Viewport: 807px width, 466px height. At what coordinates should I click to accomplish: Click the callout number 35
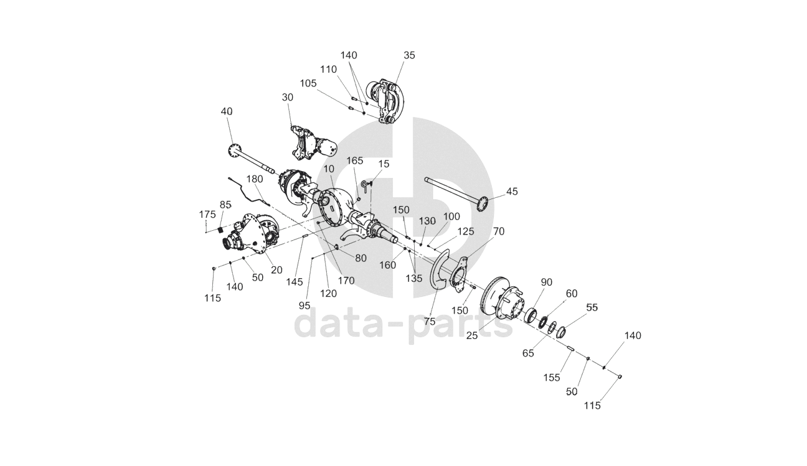tap(409, 55)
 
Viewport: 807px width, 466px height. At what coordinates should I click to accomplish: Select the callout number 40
tap(227, 111)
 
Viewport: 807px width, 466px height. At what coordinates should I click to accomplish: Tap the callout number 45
tap(512, 192)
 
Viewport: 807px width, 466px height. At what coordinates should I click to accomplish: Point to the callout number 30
tap(288, 98)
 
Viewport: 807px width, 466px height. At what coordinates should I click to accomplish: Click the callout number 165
tap(355, 161)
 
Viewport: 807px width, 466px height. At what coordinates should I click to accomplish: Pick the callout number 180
tap(255, 179)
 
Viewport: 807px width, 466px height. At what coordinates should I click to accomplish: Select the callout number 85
tap(225, 205)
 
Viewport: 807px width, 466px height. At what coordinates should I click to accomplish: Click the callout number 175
tap(207, 215)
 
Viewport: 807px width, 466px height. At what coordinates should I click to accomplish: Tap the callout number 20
tap(276, 270)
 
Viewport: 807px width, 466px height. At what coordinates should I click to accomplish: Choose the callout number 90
tap(547, 282)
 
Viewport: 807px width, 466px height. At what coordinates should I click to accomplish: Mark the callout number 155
tap(552, 378)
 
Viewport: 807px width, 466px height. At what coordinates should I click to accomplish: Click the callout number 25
tap(472, 335)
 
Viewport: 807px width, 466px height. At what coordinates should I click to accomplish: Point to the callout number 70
tap(499, 231)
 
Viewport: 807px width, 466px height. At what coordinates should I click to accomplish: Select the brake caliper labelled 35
tap(386, 102)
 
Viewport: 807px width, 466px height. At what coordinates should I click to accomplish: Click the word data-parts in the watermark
tap(404, 325)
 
